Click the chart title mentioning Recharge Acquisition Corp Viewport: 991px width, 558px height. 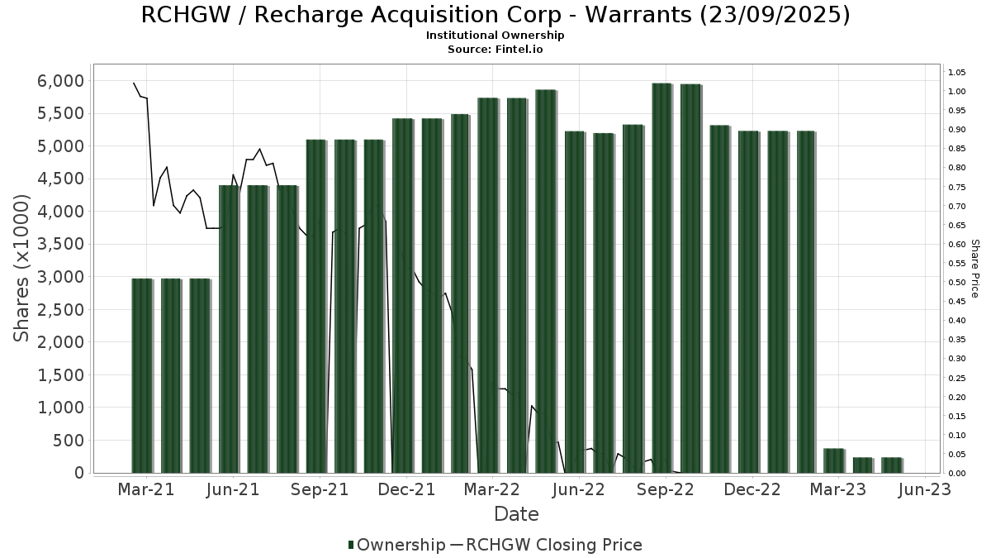point(495,15)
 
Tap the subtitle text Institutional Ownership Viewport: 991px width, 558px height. point(495,36)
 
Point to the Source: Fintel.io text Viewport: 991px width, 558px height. point(495,49)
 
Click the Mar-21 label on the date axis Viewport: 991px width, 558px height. point(146,490)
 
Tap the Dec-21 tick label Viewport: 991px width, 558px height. point(406,490)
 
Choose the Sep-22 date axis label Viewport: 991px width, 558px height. point(666,490)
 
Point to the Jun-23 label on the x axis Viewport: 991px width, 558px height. point(923,490)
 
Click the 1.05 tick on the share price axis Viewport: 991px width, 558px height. point(957,72)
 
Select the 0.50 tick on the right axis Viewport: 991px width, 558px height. point(957,282)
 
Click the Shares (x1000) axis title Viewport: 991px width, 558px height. point(22,268)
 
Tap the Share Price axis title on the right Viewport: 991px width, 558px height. point(974,269)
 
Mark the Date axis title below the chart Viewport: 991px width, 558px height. point(516,514)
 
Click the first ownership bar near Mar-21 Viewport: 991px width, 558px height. point(142,375)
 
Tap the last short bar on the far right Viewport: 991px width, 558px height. point(890,465)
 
